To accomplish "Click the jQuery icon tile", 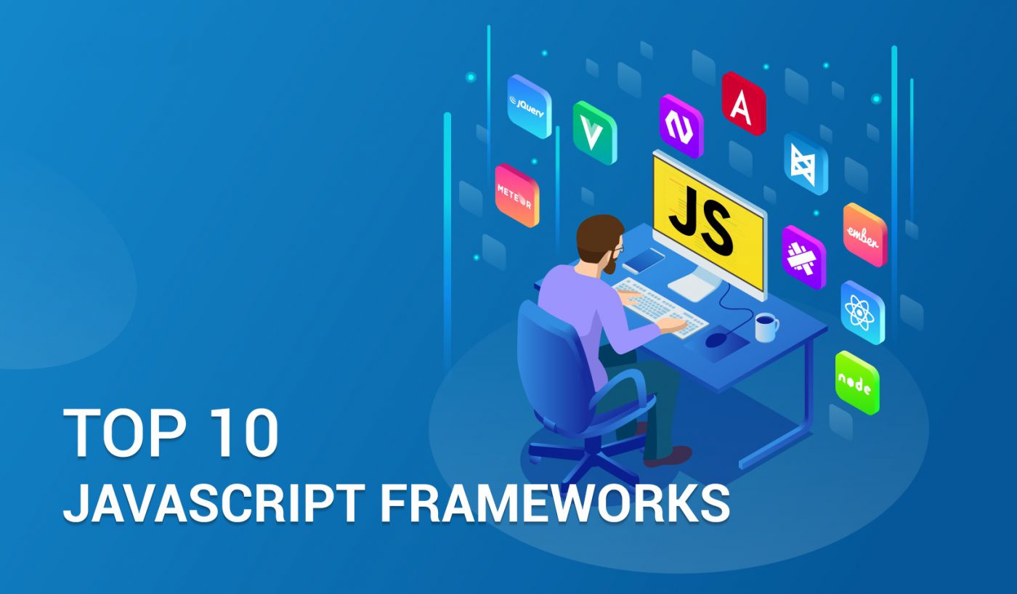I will pos(529,107).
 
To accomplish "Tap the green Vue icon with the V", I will pos(594,133).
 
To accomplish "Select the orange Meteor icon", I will pos(516,195).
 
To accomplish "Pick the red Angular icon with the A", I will pos(743,104).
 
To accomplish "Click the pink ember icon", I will pos(864,235).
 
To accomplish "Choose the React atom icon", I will pos(862,312).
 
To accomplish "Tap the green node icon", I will pos(857,383).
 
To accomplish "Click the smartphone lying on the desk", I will pos(644,259).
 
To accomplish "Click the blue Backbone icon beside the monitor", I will pos(806,163).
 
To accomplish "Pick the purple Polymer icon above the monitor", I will pos(681,126).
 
